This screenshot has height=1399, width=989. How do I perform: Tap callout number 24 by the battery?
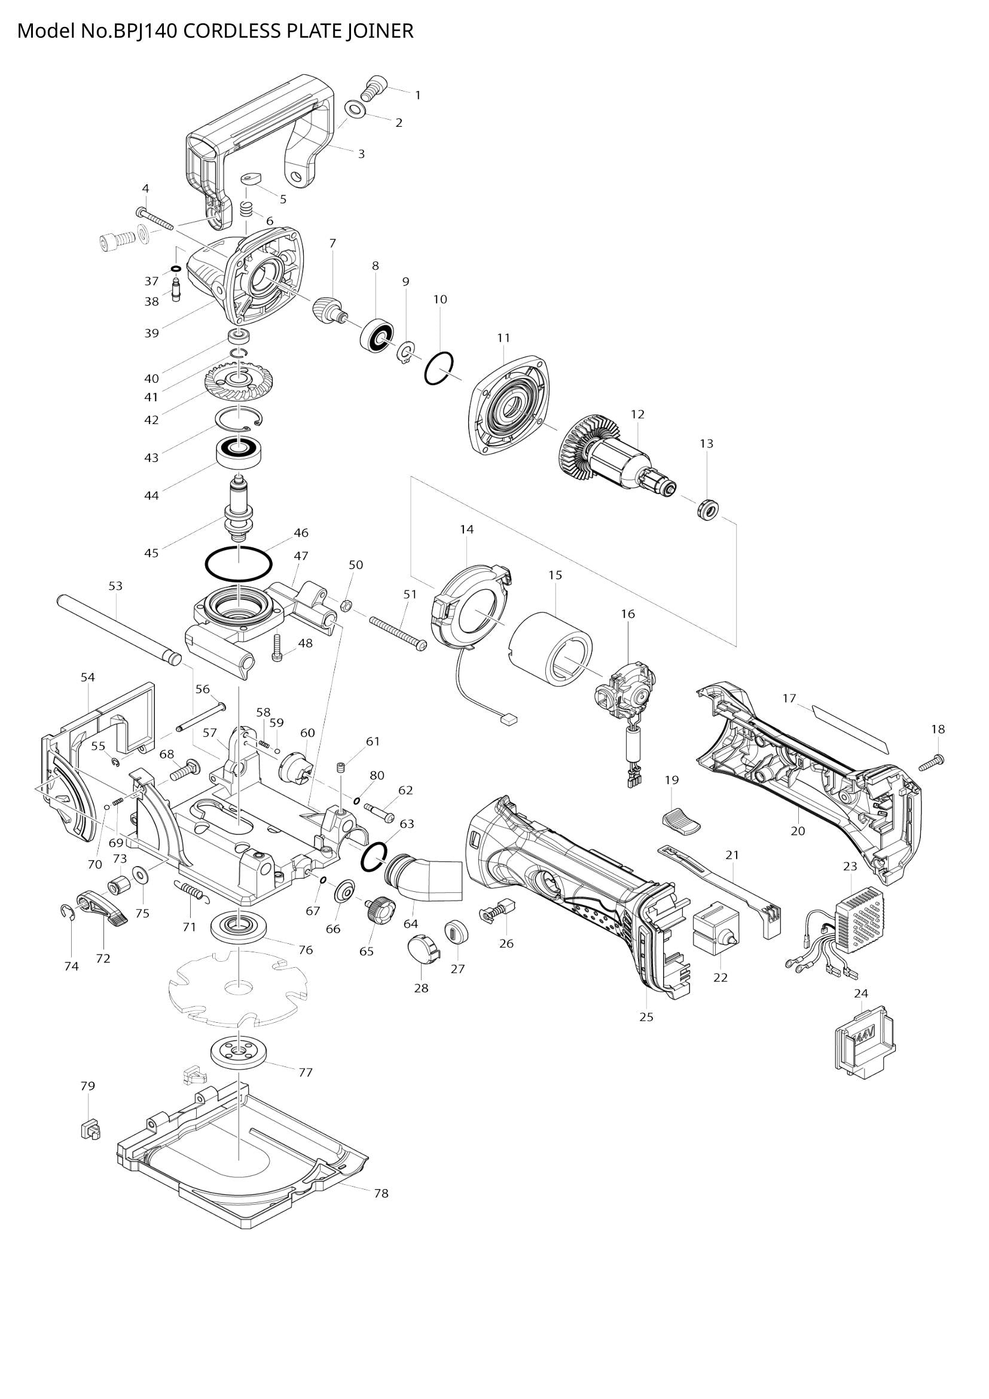click(860, 994)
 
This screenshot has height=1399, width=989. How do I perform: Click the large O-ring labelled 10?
click(439, 368)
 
